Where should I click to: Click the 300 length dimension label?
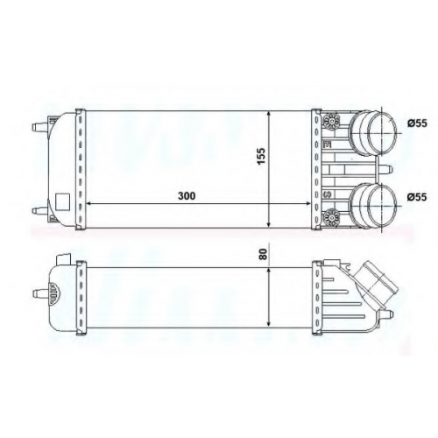[187, 196]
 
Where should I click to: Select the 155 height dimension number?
[262, 156]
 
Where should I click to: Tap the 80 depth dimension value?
[263, 254]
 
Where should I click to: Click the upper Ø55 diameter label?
[417, 124]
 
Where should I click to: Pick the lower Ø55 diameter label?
[417, 197]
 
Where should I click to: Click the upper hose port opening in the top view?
[382, 133]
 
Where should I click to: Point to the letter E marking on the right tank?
[327, 144]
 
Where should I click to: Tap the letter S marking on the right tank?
[327, 194]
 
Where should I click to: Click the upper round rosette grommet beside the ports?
[332, 120]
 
